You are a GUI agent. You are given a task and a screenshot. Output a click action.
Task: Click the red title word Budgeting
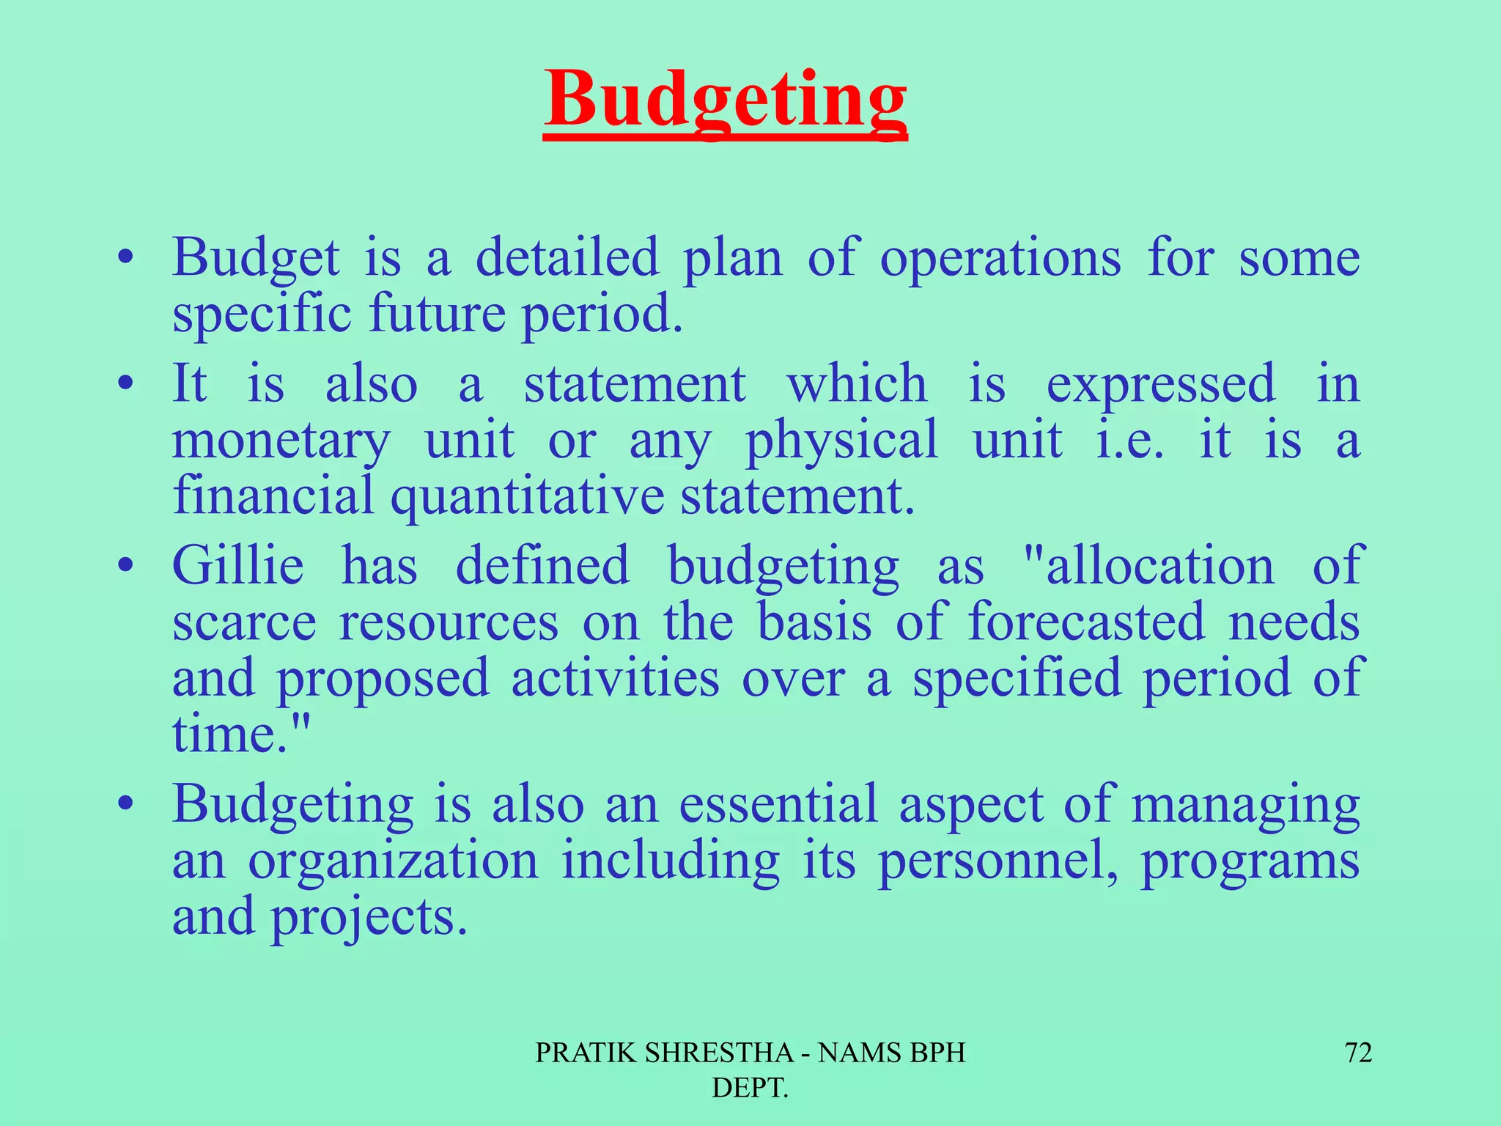726,101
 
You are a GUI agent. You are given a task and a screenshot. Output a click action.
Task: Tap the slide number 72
1358,1053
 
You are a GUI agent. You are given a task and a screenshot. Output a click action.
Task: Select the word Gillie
237,566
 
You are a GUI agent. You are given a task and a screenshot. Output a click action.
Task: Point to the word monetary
281,441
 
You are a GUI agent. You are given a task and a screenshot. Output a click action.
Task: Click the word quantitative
527,496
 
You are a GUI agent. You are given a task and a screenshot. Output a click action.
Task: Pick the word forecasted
1086,622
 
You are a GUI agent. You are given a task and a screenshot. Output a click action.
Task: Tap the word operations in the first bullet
1000,259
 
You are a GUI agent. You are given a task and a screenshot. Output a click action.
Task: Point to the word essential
778,804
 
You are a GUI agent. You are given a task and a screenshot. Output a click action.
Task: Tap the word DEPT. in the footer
750,1088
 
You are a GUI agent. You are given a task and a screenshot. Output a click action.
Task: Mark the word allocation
1159,566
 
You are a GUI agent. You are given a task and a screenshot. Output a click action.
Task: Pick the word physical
841,441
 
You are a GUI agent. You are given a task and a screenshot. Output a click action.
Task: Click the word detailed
567,257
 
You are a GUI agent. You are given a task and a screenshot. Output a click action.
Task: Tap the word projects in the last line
369,918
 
